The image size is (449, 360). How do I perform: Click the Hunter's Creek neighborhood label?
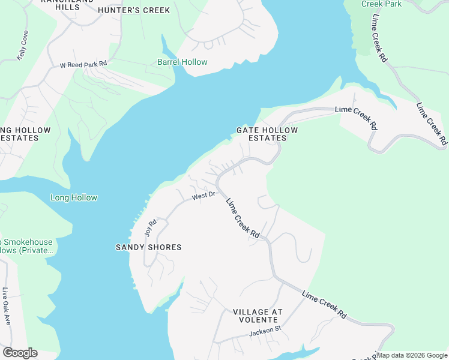[x=134, y=10]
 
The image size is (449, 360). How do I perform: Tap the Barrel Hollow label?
[x=182, y=62]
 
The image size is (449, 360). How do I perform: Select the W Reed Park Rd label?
[x=83, y=63]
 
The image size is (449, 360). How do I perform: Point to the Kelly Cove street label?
[x=23, y=44]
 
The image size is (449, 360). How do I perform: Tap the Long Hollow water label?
[x=74, y=197]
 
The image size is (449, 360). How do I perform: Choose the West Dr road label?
[x=203, y=196]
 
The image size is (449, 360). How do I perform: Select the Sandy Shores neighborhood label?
[x=148, y=247]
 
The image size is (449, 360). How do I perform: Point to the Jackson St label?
[x=265, y=331]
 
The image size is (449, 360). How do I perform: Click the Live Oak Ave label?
[x=6, y=306]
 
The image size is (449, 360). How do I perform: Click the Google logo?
[x=20, y=353]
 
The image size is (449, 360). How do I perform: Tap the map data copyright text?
[x=412, y=355]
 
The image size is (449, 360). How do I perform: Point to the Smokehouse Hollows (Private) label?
[x=26, y=246]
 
